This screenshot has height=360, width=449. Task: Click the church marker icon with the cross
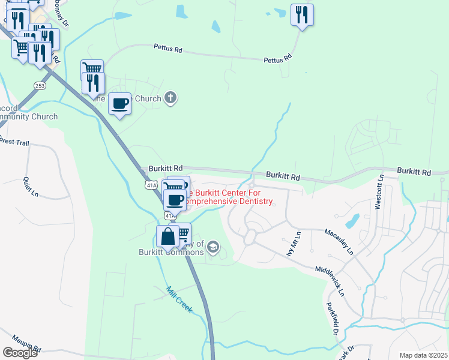tap(170, 98)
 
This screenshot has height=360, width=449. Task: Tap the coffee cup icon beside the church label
tap(119, 104)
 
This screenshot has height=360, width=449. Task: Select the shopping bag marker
tap(167, 237)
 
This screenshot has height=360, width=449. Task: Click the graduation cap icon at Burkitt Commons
tap(213, 247)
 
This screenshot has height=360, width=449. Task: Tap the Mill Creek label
tap(179, 298)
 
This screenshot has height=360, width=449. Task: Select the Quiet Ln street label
tap(31, 186)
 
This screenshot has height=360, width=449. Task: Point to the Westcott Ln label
tap(379, 192)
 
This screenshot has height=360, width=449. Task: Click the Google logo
tap(20, 353)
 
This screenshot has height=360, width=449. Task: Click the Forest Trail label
tap(13, 141)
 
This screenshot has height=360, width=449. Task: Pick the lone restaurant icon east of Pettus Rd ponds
tap(301, 15)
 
